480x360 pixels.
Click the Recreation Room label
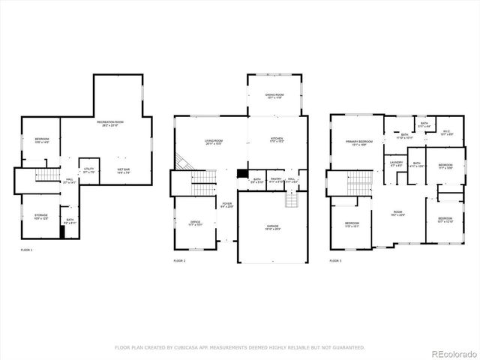tap(109, 121)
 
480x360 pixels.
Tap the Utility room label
tap(88, 170)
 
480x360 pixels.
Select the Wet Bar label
tap(123, 170)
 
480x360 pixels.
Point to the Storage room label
tap(41, 217)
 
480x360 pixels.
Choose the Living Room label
tap(214, 142)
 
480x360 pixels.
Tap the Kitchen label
tap(276, 139)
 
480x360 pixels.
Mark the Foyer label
tap(226, 204)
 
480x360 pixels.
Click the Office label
tap(194, 223)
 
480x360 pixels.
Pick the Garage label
tap(272, 227)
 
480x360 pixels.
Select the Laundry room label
tap(397, 163)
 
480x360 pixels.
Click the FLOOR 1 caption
tap(26, 249)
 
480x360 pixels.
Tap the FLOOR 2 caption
tap(179, 260)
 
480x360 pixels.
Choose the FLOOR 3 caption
tap(335, 260)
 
